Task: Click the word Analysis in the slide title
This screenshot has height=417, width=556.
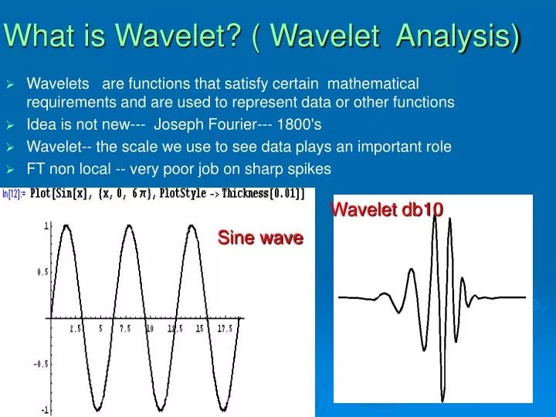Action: click(x=459, y=35)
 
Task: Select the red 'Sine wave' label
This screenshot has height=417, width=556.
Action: click(x=259, y=238)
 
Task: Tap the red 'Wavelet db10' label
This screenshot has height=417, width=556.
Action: click(x=387, y=209)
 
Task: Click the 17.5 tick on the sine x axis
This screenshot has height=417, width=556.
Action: click(x=225, y=328)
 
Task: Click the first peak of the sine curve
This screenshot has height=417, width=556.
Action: click(x=66, y=225)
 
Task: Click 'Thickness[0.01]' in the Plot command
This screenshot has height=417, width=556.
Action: click(x=263, y=194)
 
